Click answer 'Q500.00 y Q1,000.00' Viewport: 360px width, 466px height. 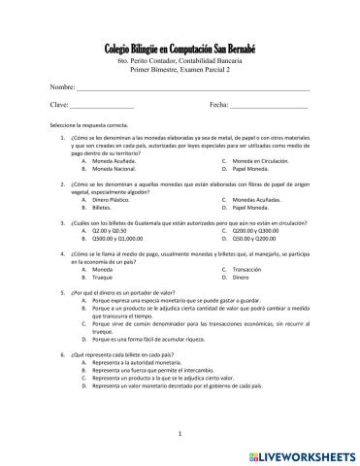tap(116, 239)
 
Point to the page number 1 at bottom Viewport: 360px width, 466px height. tap(180, 434)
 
